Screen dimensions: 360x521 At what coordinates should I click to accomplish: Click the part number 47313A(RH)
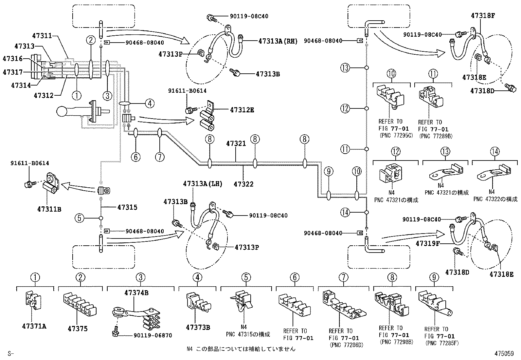278,41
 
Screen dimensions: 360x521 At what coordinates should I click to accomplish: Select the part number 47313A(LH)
203,184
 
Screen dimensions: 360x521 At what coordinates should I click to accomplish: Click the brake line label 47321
236,143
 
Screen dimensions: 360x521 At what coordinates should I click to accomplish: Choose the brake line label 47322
243,184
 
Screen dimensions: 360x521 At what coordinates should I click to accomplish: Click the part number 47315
127,207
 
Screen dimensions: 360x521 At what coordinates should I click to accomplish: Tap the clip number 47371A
34,326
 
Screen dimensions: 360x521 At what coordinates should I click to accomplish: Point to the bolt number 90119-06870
153,335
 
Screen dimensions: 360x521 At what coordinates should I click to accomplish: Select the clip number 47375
78,329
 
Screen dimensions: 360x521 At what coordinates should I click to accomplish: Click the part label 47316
13,59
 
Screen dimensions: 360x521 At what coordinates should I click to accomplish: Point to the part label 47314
21,85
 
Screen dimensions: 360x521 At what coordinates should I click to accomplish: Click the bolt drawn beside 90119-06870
116,332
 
